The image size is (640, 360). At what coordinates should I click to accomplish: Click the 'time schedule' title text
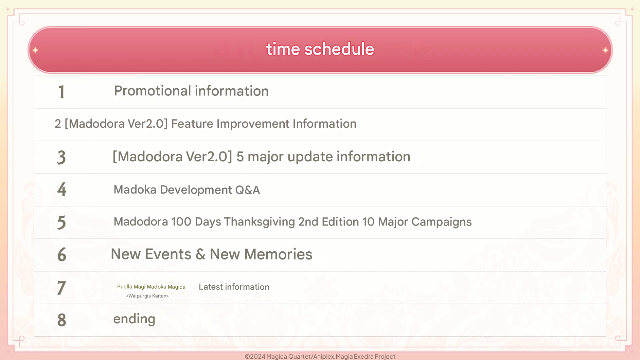click(x=320, y=49)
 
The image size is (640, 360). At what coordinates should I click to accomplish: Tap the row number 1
click(x=61, y=92)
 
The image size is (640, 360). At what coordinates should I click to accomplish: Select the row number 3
click(x=61, y=157)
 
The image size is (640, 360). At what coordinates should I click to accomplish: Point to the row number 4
click(x=61, y=189)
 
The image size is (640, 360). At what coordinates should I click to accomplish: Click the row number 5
click(x=61, y=222)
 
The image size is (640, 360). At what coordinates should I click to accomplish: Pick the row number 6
click(x=61, y=254)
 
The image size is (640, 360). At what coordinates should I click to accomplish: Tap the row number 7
click(x=61, y=288)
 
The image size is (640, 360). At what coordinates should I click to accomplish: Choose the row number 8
click(x=61, y=320)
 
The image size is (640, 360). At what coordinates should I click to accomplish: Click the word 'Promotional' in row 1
click(x=153, y=91)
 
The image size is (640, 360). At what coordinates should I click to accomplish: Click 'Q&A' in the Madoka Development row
click(x=247, y=190)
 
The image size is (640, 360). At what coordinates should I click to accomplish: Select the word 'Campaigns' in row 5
click(x=442, y=222)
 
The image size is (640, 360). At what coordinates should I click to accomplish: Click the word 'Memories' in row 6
click(x=278, y=254)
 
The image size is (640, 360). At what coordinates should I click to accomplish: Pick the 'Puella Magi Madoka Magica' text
click(x=151, y=287)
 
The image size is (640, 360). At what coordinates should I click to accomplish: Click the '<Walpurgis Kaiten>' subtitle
click(x=147, y=296)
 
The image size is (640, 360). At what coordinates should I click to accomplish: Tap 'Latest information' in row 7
click(x=234, y=287)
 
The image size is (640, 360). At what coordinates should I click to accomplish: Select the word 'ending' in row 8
click(x=134, y=319)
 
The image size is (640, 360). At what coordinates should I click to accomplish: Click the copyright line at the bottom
click(x=320, y=356)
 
